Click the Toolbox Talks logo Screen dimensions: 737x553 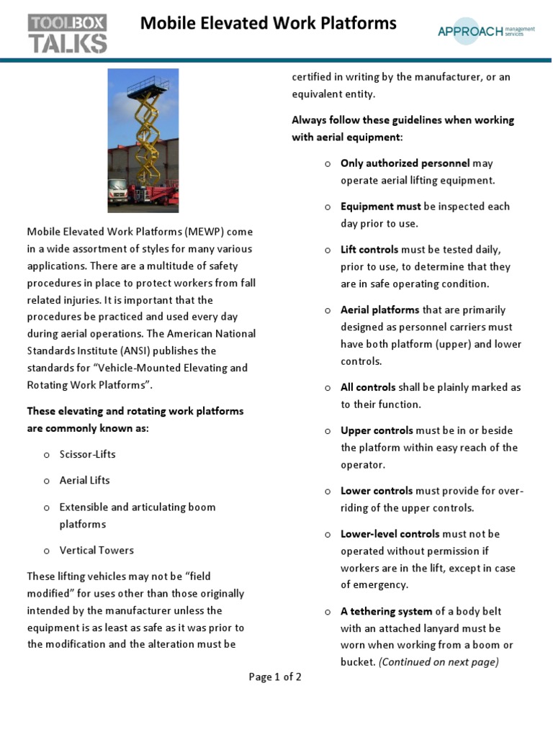[x=67, y=33]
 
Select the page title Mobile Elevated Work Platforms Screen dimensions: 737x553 [x=268, y=23]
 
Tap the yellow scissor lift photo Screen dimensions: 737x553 [x=143, y=140]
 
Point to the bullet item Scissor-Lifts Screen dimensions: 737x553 [x=87, y=455]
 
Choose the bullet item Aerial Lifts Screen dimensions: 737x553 [x=84, y=481]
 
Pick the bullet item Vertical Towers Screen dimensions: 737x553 [x=96, y=551]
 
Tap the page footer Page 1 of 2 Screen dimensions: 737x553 [x=275, y=677]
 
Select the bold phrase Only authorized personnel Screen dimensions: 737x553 [x=405, y=163]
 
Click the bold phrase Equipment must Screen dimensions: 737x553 [x=380, y=207]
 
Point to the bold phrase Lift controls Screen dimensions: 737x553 [x=369, y=250]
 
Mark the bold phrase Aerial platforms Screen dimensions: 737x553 [x=379, y=310]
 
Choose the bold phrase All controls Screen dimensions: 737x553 [x=368, y=387]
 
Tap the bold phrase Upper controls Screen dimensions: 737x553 [x=377, y=430]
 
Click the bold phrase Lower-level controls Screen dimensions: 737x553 [x=390, y=534]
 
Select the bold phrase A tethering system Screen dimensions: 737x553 [x=386, y=612]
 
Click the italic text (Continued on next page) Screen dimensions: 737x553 [x=439, y=662]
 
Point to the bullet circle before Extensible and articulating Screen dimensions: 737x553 [x=46, y=507]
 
